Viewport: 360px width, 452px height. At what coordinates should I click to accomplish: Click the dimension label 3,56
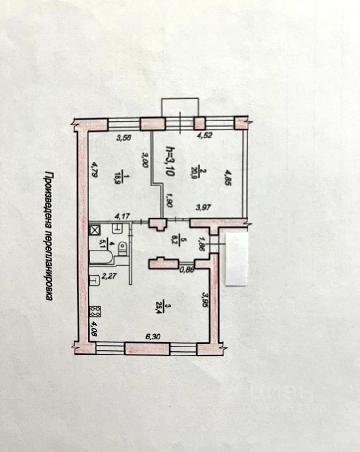point(124,138)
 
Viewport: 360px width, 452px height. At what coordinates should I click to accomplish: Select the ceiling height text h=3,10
point(169,162)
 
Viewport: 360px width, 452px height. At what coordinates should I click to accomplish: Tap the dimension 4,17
point(123,217)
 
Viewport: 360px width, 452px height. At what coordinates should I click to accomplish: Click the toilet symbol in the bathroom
point(123,248)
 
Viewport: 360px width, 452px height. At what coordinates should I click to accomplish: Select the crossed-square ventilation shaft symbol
point(95,230)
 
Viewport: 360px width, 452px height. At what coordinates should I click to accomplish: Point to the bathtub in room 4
point(100,258)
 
